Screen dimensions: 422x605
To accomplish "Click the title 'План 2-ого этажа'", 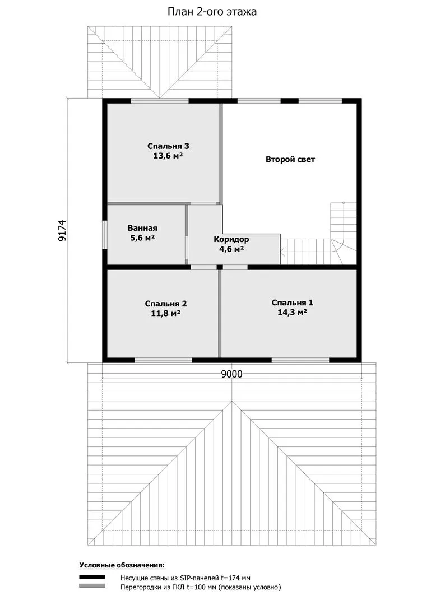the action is [x=212, y=12].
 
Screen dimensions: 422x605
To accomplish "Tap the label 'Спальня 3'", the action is [x=168, y=146].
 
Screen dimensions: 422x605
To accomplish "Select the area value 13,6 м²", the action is [x=168, y=156].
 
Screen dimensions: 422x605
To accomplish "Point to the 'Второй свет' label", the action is [x=290, y=159].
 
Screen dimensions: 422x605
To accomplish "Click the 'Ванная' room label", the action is [x=142, y=228].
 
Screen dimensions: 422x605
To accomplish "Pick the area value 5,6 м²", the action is [x=142, y=238].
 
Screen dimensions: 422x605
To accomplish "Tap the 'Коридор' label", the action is [x=231, y=240].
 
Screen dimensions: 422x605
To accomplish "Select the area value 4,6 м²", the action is [x=231, y=249].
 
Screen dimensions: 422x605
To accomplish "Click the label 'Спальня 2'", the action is [x=166, y=304].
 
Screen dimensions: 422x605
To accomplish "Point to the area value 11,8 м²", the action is [x=166, y=313].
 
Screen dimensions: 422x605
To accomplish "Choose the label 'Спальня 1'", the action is [x=293, y=303].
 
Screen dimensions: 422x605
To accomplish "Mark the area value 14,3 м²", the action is [x=293, y=312].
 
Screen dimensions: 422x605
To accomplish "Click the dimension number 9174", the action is [x=63, y=231].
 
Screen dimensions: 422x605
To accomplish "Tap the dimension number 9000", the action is [x=231, y=374].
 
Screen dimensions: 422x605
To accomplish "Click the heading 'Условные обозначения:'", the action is [x=122, y=566].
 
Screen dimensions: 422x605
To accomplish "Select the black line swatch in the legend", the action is [x=92, y=577].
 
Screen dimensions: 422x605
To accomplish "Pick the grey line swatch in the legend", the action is [x=92, y=586].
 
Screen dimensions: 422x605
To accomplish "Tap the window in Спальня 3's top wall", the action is [x=160, y=101].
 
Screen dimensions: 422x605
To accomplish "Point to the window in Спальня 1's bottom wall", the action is [x=300, y=360].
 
